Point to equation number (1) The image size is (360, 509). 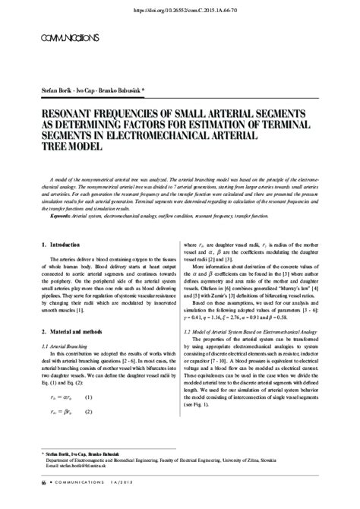point(89,419)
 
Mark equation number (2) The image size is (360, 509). point(89,434)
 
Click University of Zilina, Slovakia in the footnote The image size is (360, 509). point(292,481)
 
